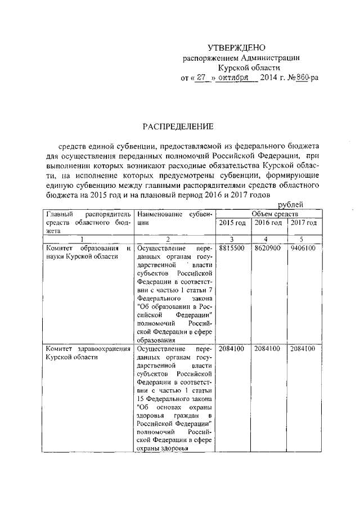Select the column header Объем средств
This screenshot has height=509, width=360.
(x=267, y=214)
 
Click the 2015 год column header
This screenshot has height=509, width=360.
(x=232, y=223)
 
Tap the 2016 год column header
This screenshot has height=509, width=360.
(x=268, y=223)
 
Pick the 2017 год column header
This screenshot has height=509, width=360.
(x=304, y=223)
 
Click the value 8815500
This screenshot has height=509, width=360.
(x=232, y=248)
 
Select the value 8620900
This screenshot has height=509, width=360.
(x=268, y=248)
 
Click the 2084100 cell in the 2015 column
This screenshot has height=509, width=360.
(x=232, y=349)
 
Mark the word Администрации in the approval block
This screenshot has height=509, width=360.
(x=269, y=58)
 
